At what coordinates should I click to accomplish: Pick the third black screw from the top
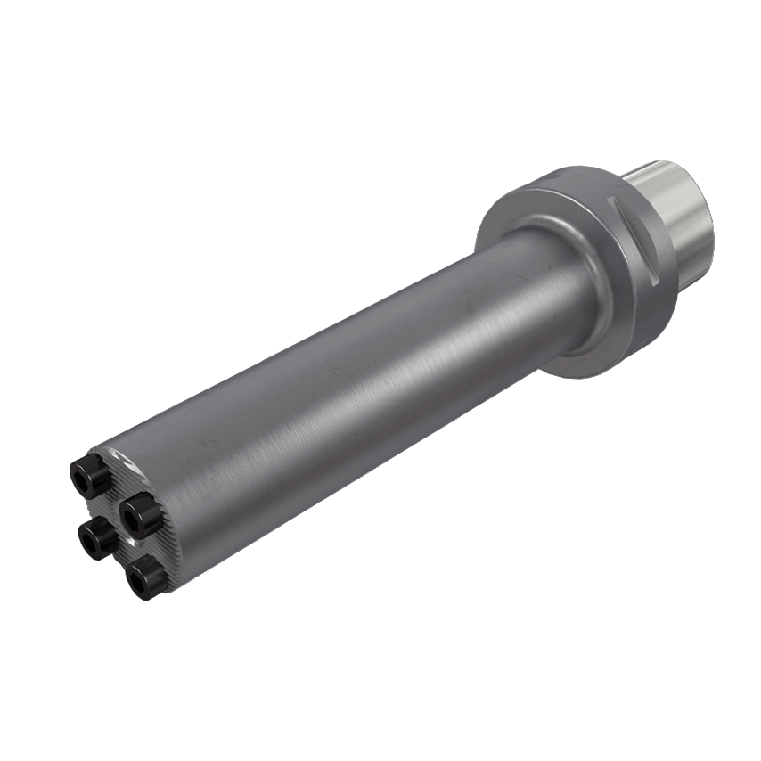[94, 536]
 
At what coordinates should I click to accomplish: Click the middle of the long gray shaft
[356, 374]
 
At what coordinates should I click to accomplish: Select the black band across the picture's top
[380, 71]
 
